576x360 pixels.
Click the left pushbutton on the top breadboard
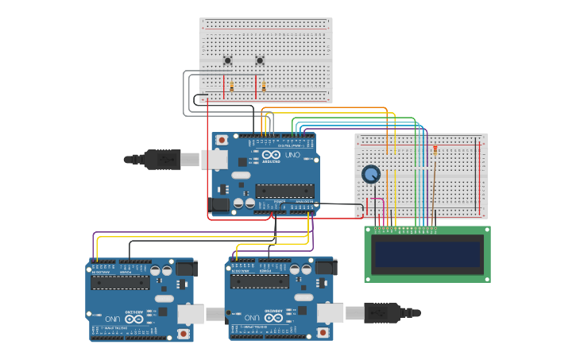[227, 60]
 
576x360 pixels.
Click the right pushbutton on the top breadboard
[260, 60]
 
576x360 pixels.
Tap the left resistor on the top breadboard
[231, 86]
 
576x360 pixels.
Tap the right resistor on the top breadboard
[264, 86]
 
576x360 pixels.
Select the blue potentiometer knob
[371, 174]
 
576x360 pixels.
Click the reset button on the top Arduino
[222, 141]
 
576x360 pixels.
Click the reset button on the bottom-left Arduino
[184, 334]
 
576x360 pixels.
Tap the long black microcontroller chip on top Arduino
[284, 190]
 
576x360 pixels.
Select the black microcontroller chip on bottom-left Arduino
[120, 282]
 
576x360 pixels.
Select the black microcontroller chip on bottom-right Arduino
[259, 282]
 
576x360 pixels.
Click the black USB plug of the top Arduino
[163, 160]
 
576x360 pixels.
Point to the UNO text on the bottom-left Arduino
[112, 319]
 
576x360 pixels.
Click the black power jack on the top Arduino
[218, 204]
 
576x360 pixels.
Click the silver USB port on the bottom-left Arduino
[191, 314]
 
